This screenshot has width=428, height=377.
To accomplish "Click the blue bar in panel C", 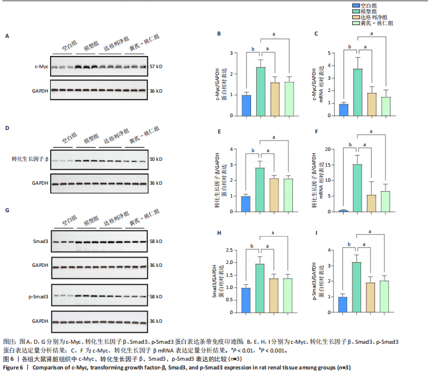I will point(344,110).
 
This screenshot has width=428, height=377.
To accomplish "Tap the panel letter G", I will point(8,210).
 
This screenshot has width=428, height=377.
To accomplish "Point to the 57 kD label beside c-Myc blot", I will point(155,67).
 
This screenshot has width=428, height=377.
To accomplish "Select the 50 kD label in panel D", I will point(155,159).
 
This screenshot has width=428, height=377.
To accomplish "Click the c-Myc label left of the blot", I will point(41,67).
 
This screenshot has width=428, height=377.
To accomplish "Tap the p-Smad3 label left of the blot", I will point(40,297).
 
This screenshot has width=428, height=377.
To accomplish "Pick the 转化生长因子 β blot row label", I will point(29,159).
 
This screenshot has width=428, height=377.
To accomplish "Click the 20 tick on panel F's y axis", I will point(330,149).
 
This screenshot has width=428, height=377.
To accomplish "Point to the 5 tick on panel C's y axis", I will point(330,53).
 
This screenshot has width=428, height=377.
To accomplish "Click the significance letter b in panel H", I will point(253,245).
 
